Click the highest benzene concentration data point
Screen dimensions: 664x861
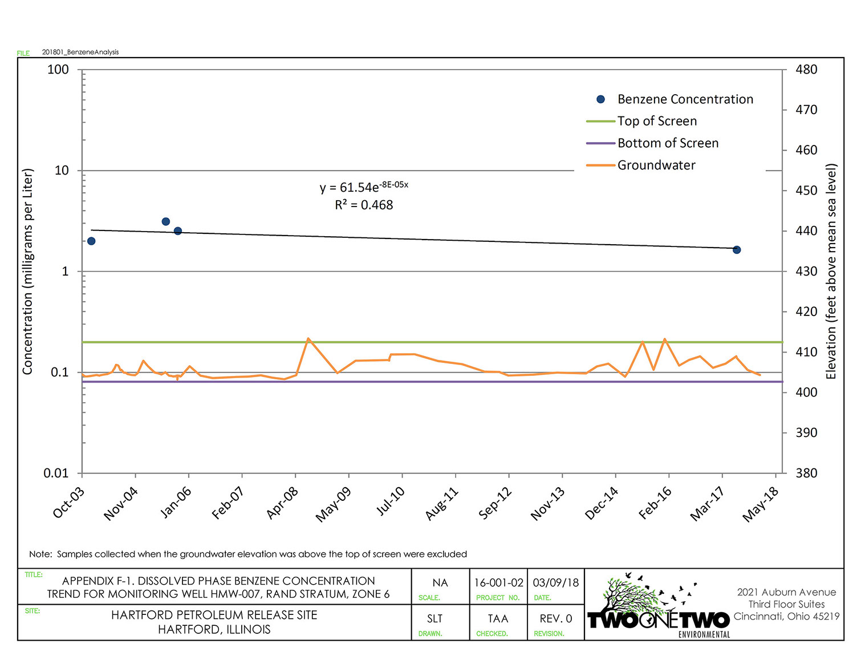click(165, 221)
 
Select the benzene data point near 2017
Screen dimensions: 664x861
click(737, 250)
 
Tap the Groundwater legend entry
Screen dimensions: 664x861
click(656, 165)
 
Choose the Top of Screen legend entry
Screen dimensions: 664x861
click(657, 121)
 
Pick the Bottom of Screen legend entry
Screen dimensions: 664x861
click(668, 143)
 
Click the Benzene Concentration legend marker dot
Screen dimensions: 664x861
click(600, 99)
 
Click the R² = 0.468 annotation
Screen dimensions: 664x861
click(364, 205)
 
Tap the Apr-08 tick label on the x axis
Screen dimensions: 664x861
click(283, 503)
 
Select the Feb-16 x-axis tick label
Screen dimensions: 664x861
click(655, 503)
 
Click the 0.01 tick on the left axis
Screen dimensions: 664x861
click(56, 473)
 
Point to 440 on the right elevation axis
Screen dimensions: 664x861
click(806, 231)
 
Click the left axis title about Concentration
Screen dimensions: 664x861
click(27, 272)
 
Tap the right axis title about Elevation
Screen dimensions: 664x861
click(831, 272)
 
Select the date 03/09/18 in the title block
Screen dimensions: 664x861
click(555, 582)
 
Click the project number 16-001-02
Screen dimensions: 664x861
click(498, 582)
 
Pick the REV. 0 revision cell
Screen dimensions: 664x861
click(555, 618)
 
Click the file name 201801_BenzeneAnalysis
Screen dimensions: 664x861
click(80, 52)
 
